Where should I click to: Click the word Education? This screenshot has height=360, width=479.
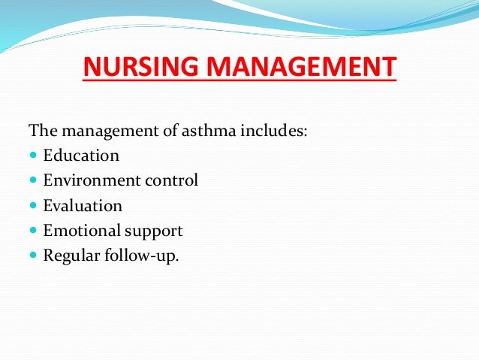pos(81,156)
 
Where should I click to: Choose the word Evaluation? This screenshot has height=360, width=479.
pos(83,206)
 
